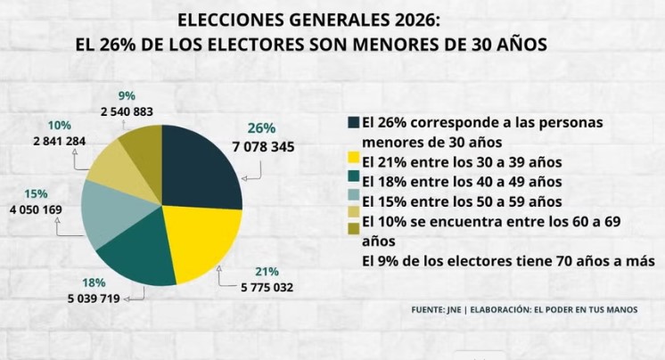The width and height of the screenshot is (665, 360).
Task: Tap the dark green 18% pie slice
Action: (143, 258)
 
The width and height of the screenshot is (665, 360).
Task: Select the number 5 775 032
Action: (267, 287)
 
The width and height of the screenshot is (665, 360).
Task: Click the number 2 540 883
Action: (126, 111)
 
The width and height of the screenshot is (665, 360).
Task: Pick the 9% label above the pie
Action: (127, 96)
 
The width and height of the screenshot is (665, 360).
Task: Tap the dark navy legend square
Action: (354, 122)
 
